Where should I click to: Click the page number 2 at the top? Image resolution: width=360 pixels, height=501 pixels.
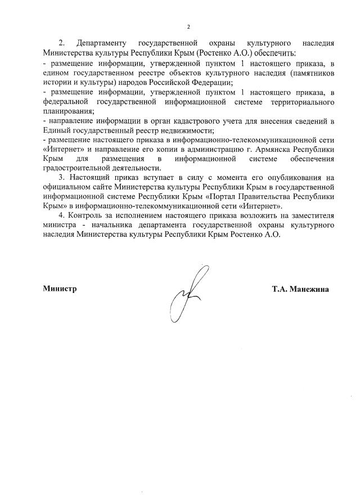point(188,26)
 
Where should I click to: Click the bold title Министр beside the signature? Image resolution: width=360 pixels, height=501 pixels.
point(59,289)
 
